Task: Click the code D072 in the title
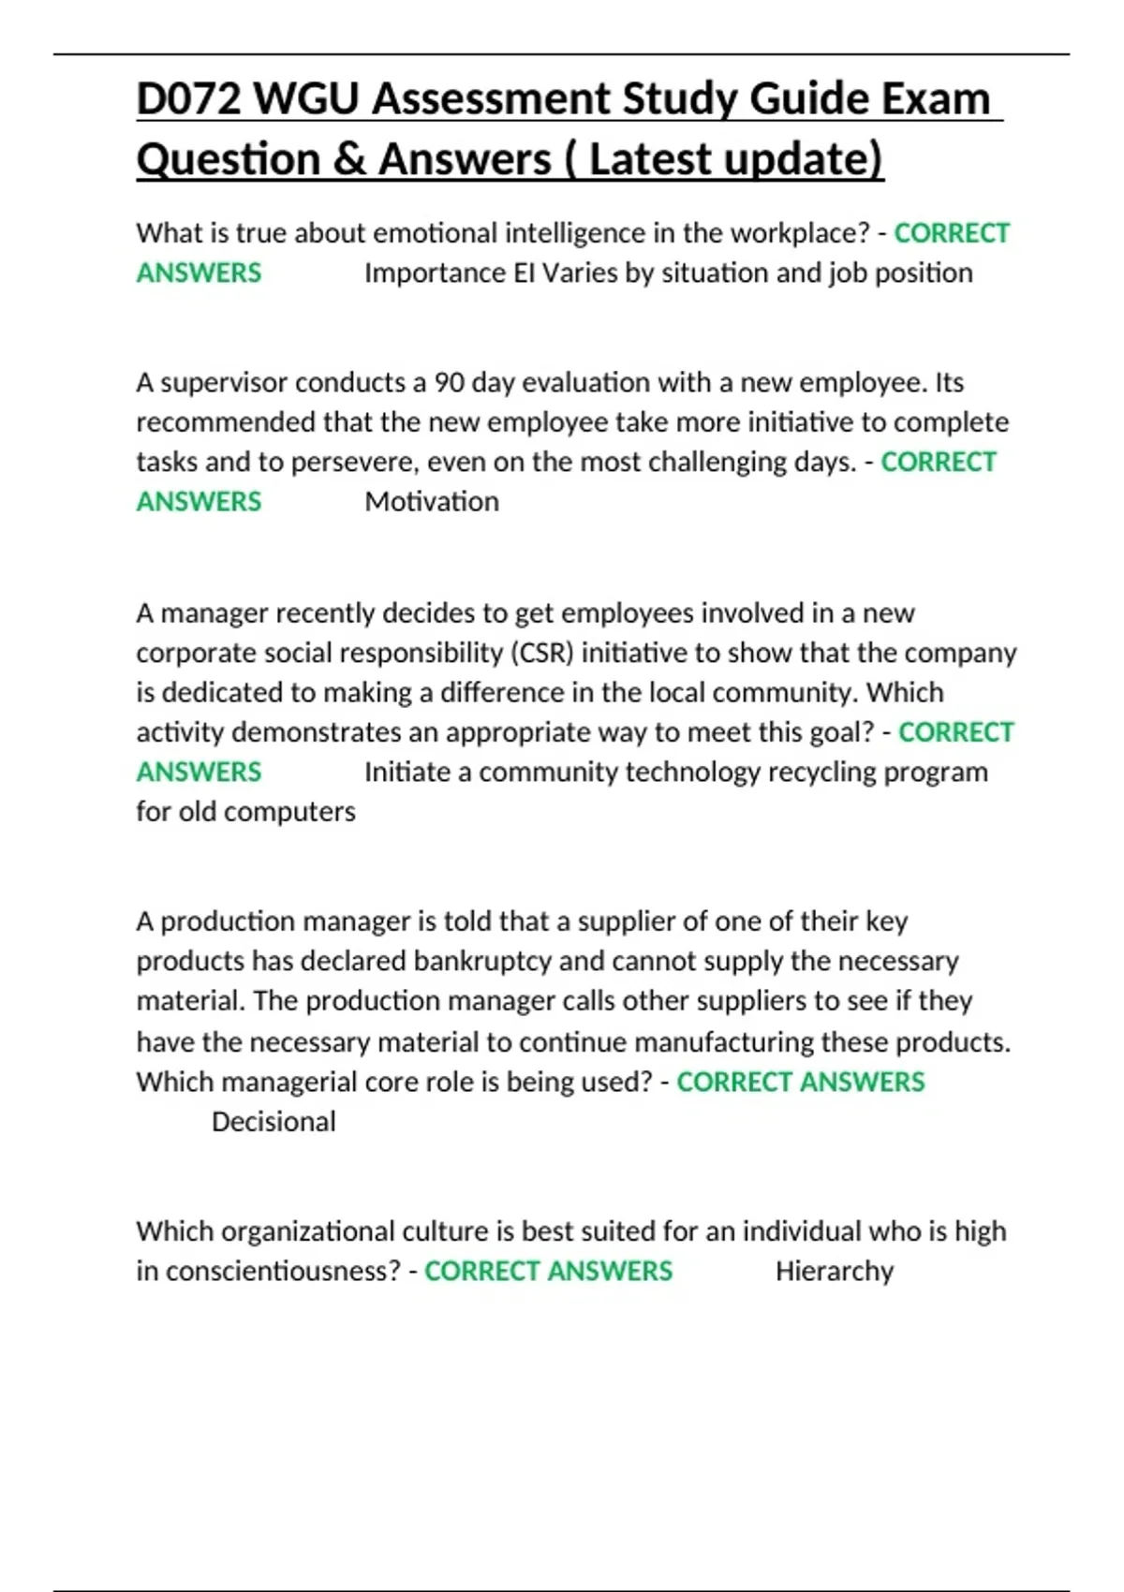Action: click(188, 99)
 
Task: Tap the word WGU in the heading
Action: click(305, 99)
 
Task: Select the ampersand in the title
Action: click(348, 159)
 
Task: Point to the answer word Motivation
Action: click(432, 502)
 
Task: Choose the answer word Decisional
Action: click(274, 1122)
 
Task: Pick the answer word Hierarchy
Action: click(835, 1271)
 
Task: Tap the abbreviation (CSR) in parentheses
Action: click(541, 653)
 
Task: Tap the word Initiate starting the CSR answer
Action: click(407, 773)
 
